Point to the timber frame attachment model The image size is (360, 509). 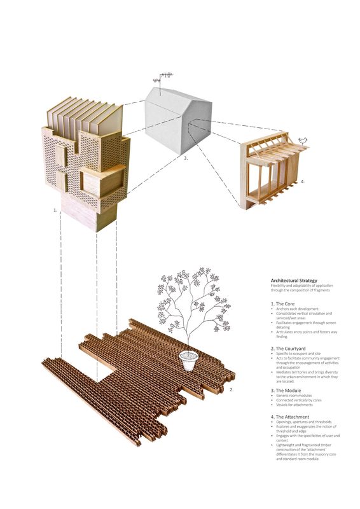[x=270, y=172]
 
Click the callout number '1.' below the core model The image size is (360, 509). [x=55, y=209]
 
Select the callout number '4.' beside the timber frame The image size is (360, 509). [x=303, y=181]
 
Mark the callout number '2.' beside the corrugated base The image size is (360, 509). [x=232, y=389]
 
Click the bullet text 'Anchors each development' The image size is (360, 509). [x=295, y=310]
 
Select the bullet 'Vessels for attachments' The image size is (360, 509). [x=293, y=406]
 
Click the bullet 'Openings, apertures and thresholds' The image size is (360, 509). [x=299, y=422]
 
